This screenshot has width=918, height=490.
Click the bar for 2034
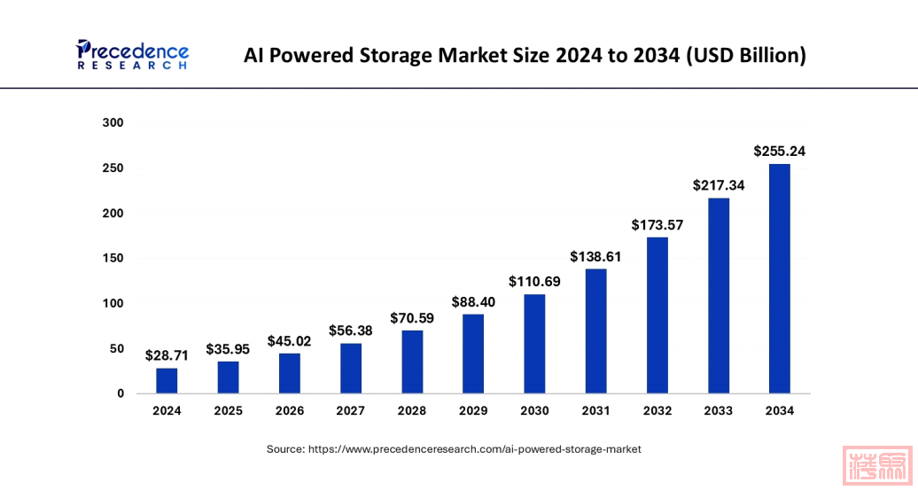779,278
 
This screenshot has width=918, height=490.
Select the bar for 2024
167,381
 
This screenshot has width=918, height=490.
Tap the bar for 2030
534,344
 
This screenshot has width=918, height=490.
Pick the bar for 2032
657,315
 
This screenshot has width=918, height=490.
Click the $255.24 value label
779,152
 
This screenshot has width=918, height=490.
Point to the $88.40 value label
473,302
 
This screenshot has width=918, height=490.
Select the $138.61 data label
595,257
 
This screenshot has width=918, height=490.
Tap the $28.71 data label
167,356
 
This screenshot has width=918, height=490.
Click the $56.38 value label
351,331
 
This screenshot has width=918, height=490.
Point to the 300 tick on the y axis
113,122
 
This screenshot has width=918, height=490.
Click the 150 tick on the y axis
113,258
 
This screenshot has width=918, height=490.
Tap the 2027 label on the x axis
351,411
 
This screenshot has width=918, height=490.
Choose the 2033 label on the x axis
719,411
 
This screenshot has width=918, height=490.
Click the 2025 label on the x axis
228,411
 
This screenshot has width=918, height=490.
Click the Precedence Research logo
132,55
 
